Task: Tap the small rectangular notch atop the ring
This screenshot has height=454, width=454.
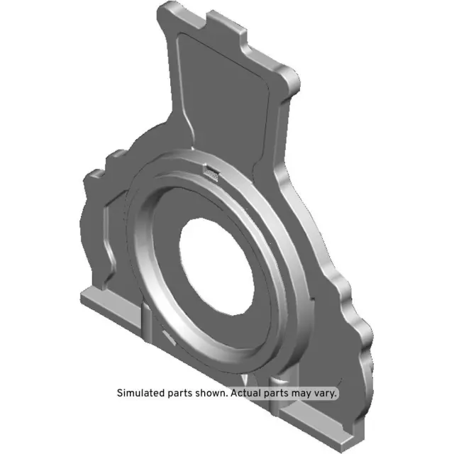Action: (211, 170)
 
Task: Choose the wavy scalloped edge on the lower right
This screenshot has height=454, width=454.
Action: (358, 326)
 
